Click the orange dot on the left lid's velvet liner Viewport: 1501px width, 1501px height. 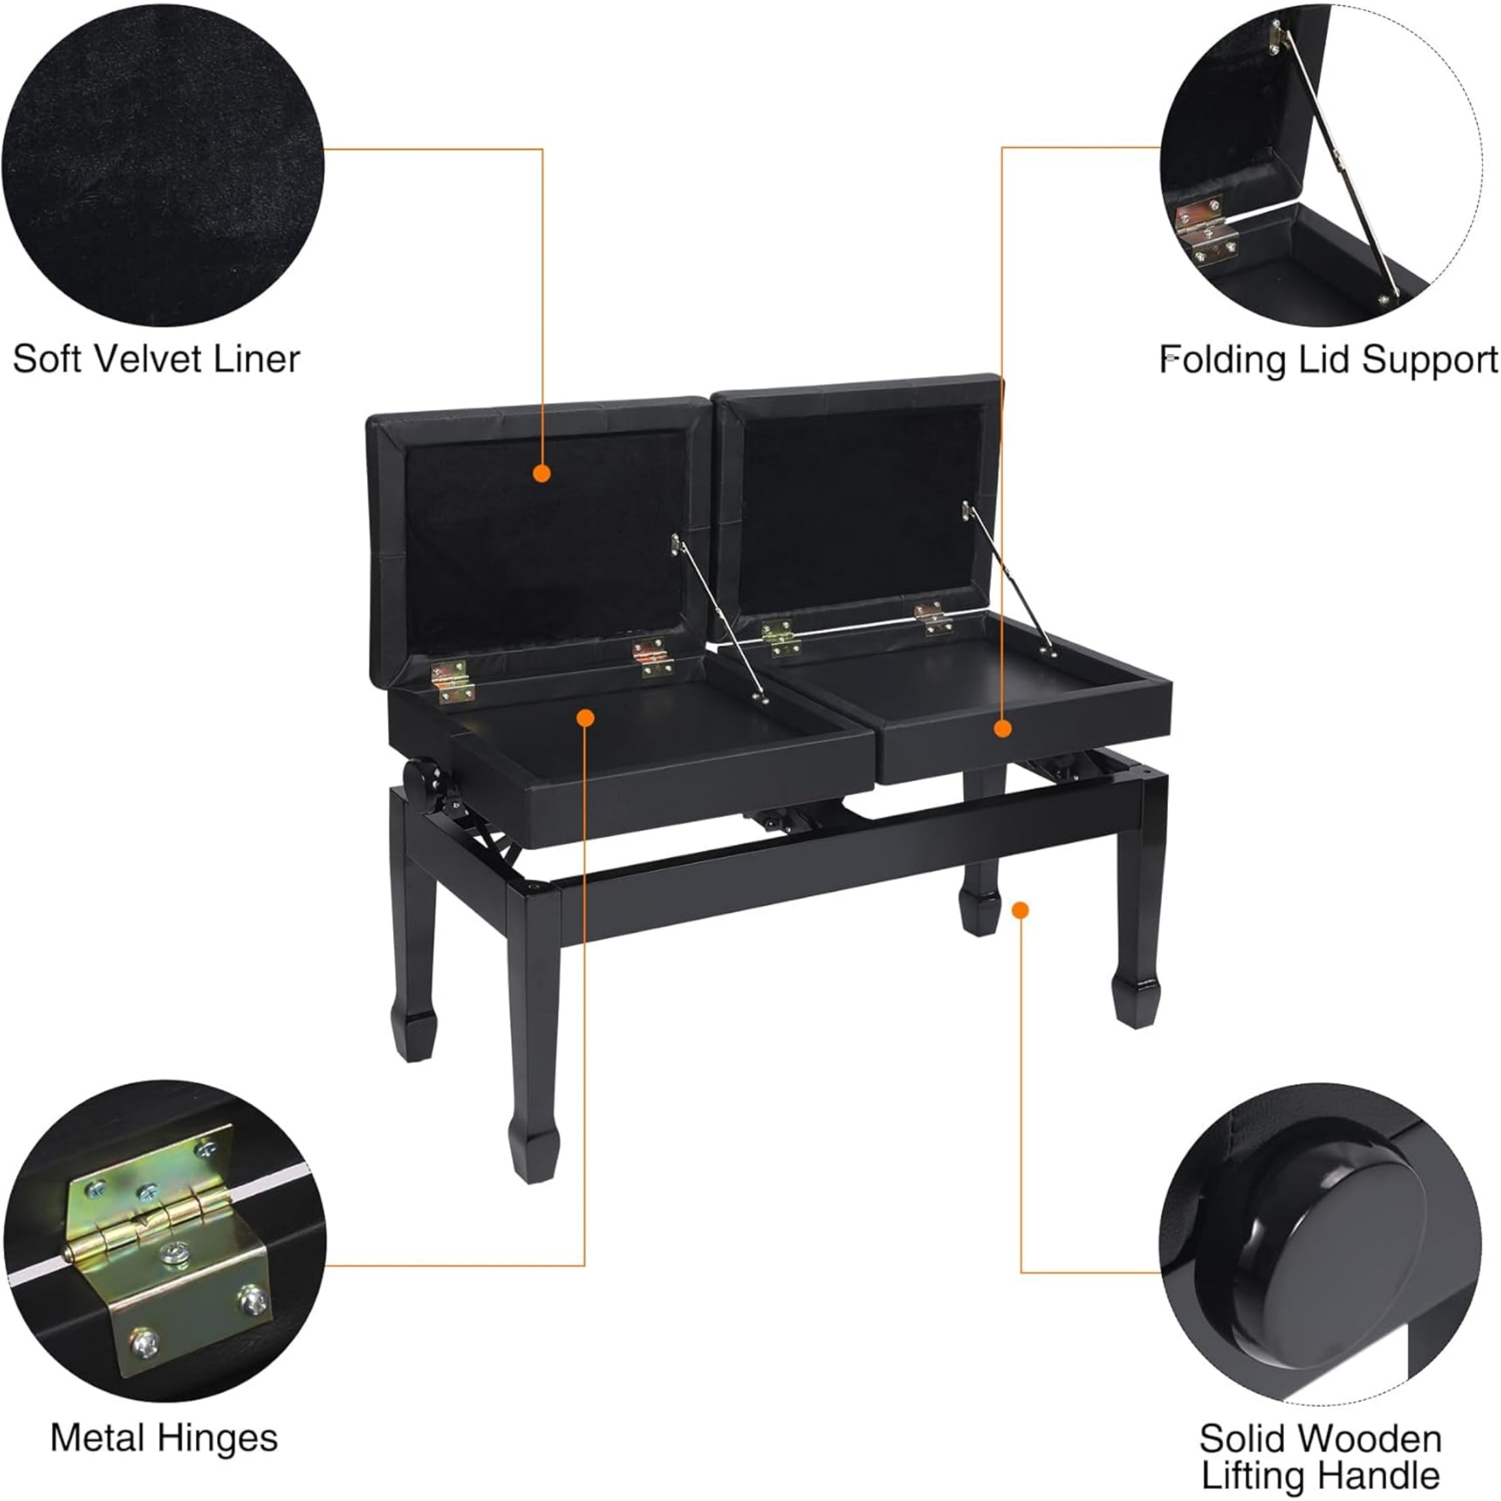pyautogui.click(x=542, y=473)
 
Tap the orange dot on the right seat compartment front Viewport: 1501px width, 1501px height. pyautogui.click(x=1003, y=729)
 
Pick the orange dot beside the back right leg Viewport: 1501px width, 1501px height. pyautogui.click(x=1021, y=909)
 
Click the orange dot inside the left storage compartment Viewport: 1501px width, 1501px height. pyautogui.click(x=586, y=718)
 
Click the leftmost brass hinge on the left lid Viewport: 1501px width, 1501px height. pyautogui.click(x=452, y=682)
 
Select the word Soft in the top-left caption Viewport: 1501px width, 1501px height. pyautogui.click(x=48, y=359)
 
